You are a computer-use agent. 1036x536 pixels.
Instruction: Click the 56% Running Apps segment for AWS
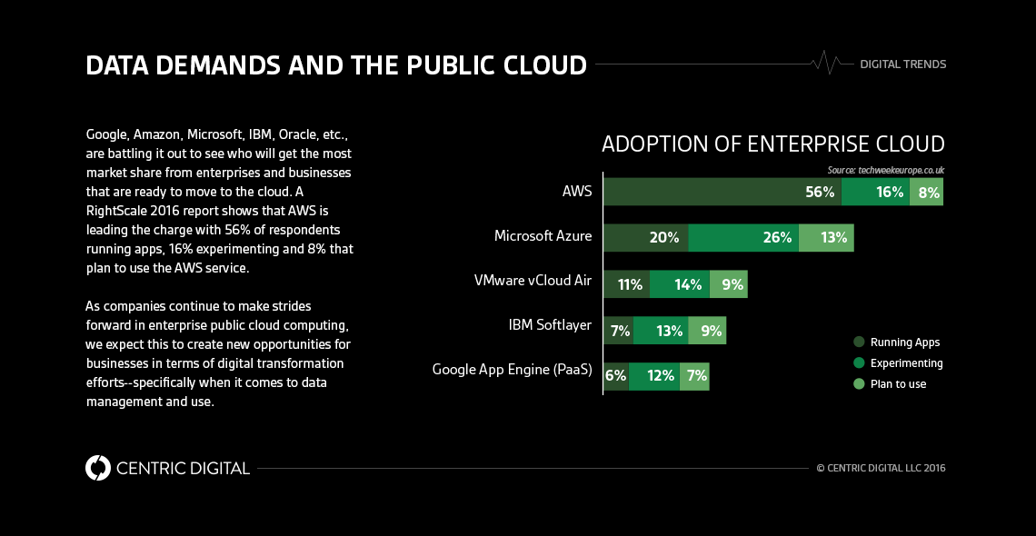(722, 193)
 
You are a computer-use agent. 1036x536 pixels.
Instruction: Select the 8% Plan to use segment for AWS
(926, 193)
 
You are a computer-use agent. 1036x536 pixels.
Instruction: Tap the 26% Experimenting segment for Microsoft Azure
(743, 237)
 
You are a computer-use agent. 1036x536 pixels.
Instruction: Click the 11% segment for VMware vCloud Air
(626, 284)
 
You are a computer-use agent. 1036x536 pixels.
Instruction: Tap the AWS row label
(576, 192)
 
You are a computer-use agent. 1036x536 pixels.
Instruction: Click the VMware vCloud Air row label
(533, 281)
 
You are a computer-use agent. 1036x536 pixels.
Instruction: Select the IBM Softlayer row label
(549, 325)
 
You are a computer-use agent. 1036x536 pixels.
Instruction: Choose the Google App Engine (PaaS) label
(512, 370)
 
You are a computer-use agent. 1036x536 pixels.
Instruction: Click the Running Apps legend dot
(858, 342)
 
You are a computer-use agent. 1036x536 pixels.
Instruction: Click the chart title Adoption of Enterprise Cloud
(772, 144)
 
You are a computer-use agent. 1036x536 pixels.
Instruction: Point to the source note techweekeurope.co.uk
(886, 170)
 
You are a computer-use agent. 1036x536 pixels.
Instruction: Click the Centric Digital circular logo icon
(98, 468)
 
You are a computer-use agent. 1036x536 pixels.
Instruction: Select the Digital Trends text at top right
(902, 65)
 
